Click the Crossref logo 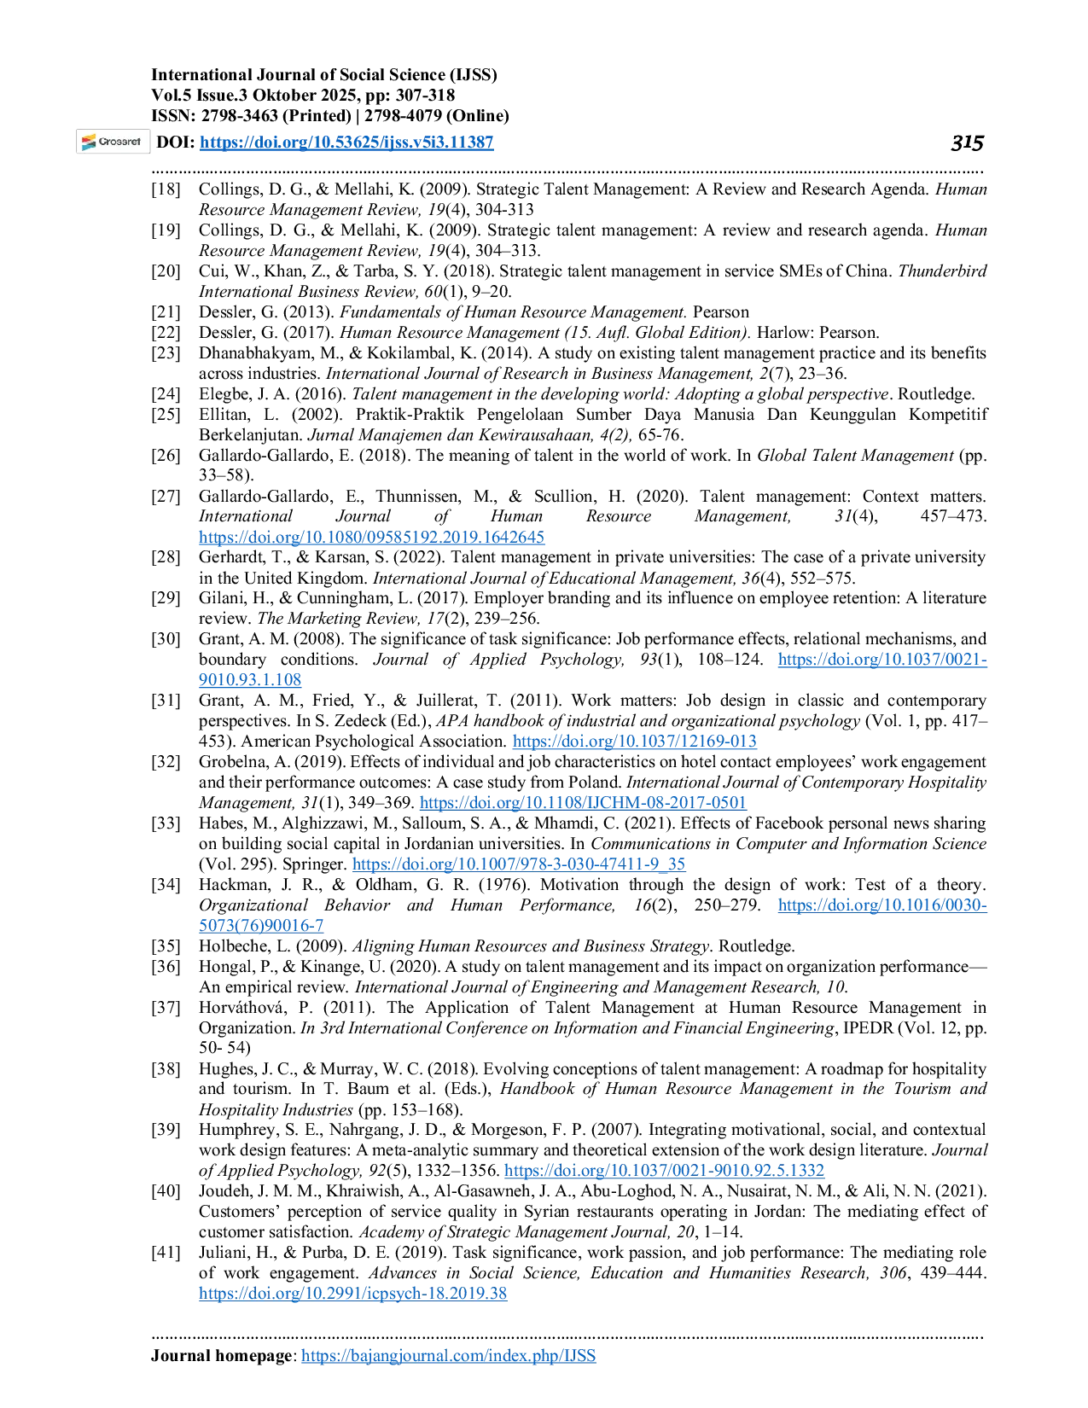click(x=113, y=142)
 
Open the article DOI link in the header click(x=346, y=142)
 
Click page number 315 click(x=967, y=143)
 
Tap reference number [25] click(x=166, y=414)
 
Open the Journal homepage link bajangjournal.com click(x=448, y=1355)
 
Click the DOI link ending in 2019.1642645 click(x=371, y=537)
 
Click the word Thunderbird click(x=942, y=271)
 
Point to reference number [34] click(x=166, y=884)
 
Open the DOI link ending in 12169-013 click(x=634, y=741)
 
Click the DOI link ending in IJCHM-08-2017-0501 click(x=583, y=802)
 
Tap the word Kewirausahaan click(x=539, y=434)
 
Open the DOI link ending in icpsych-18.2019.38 click(x=352, y=1293)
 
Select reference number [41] click(x=166, y=1252)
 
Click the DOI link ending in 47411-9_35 click(x=519, y=864)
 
